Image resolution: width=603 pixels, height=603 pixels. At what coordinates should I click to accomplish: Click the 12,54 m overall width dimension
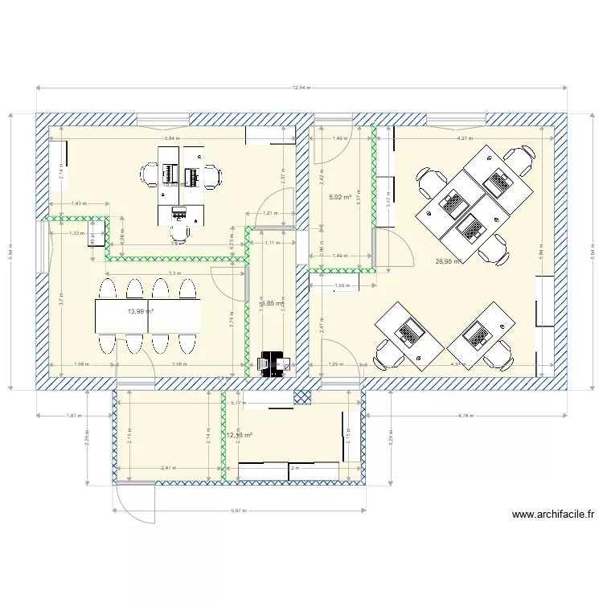click(x=301, y=88)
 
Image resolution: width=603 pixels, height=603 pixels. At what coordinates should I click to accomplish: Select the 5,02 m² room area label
click(x=341, y=195)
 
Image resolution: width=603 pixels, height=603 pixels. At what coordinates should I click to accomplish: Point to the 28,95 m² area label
click(x=448, y=261)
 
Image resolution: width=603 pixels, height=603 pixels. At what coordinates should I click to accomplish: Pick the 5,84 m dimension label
click(x=171, y=138)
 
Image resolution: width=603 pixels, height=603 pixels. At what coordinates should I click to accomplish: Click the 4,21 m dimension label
click(x=464, y=138)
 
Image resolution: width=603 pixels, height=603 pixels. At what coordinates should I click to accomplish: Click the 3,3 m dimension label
click(x=174, y=274)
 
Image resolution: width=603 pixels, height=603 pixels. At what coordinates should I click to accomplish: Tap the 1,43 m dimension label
click(x=78, y=203)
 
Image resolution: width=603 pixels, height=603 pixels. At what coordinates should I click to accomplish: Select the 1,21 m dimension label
click(x=270, y=213)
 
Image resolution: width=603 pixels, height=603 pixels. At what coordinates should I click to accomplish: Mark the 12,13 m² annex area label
click(x=240, y=436)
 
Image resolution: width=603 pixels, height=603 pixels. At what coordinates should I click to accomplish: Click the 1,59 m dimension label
click(x=342, y=285)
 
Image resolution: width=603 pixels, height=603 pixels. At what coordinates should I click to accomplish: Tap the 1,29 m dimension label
click(x=334, y=364)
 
